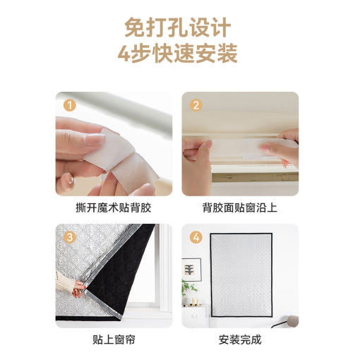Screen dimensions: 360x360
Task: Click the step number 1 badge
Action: (70, 105)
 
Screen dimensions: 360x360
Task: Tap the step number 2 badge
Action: (196, 105)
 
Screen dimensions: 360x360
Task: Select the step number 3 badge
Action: (70, 237)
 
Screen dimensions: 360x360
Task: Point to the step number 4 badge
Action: (196, 237)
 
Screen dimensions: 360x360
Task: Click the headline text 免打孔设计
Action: (178, 28)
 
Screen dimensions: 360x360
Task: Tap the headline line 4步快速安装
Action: (178, 53)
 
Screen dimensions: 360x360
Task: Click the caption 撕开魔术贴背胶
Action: (114, 208)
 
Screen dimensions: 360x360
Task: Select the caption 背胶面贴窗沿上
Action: (240, 208)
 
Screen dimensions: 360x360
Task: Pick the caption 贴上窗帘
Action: (114, 340)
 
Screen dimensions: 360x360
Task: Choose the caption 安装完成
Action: (240, 340)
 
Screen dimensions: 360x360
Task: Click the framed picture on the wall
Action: (191, 270)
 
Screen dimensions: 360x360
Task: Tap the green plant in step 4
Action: (188, 288)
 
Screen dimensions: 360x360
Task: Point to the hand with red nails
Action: (78, 287)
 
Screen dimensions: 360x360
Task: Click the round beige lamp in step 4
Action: (292, 321)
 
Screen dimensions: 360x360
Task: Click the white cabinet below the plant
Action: (195, 316)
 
